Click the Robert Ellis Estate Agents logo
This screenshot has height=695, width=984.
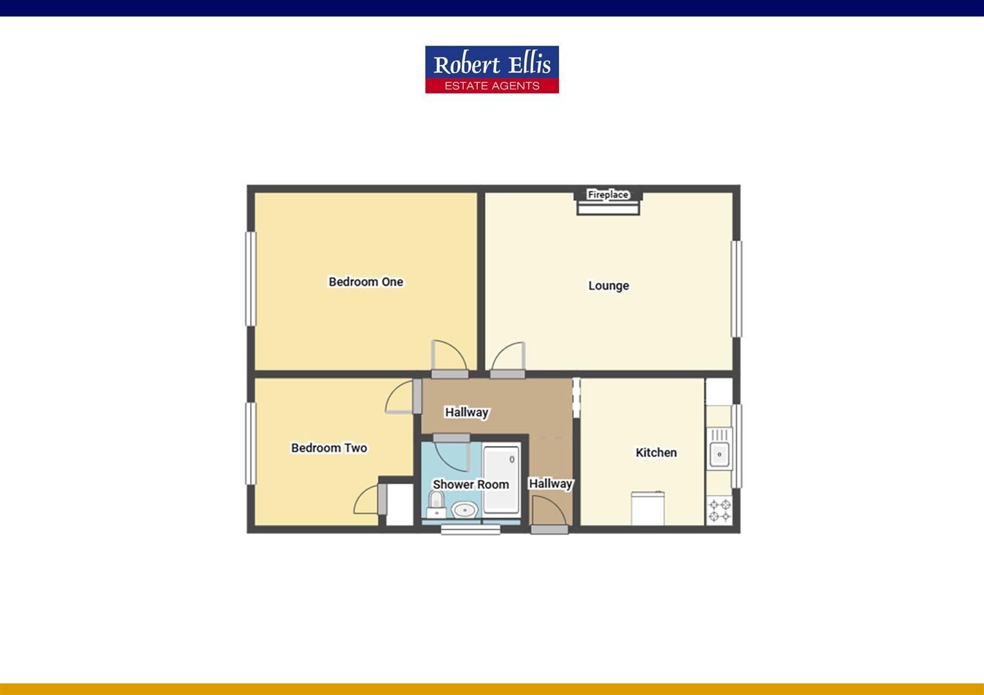(491, 69)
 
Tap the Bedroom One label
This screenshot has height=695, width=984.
(366, 282)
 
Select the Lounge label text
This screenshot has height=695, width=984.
(609, 286)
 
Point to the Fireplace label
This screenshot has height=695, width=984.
(608, 194)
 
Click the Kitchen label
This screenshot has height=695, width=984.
(656, 452)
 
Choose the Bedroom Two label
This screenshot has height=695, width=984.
(329, 448)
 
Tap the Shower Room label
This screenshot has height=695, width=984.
(471, 485)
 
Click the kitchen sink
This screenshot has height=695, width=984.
(719, 454)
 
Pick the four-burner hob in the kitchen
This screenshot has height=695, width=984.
(719, 511)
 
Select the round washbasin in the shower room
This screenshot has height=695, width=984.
(464, 511)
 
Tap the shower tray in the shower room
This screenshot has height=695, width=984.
(501, 479)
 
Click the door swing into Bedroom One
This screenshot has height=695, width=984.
(448, 356)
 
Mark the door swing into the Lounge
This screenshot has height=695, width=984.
(509, 357)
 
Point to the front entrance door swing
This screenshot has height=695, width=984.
(549, 512)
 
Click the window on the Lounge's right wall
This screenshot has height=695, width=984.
(736, 289)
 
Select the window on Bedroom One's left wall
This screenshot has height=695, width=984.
(251, 279)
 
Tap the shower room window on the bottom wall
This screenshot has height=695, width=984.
(470, 529)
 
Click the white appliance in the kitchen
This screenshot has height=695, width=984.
(647, 508)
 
